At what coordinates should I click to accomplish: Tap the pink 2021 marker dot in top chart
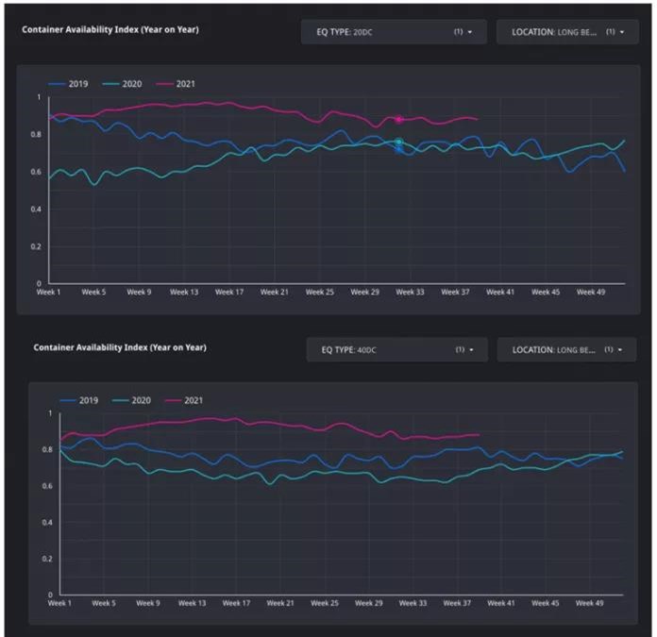(x=399, y=120)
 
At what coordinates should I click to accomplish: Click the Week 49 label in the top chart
(x=591, y=293)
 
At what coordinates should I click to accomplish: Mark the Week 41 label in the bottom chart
(x=500, y=603)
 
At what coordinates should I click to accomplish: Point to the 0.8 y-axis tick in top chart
(x=38, y=135)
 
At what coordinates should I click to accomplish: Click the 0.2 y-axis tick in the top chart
(x=38, y=246)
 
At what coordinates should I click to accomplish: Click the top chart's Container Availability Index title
(x=110, y=29)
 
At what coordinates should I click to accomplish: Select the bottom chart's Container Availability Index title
(x=120, y=347)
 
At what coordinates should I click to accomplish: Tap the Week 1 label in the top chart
(x=48, y=293)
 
